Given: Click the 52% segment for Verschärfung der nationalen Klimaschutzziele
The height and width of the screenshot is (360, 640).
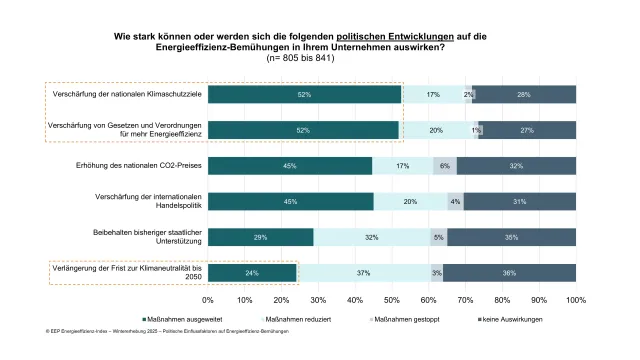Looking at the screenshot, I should (x=304, y=94).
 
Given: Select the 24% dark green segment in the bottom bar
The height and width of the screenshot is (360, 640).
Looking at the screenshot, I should (x=252, y=273).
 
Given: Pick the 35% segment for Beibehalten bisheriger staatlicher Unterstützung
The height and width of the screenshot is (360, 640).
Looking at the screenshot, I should (x=511, y=237).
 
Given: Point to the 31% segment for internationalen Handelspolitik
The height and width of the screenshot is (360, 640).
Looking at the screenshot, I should (x=519, y=201).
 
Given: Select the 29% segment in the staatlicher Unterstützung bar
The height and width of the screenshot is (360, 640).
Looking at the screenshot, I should (x=261, y=237).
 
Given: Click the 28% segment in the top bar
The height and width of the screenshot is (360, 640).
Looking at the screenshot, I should (x=524, y=94).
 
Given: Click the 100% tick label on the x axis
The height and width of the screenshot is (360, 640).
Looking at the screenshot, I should (x=575, y=299).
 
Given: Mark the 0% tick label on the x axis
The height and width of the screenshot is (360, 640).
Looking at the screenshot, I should (x=208, y=299).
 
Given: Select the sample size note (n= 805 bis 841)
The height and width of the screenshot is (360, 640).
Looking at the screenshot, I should (x=321, y=58).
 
